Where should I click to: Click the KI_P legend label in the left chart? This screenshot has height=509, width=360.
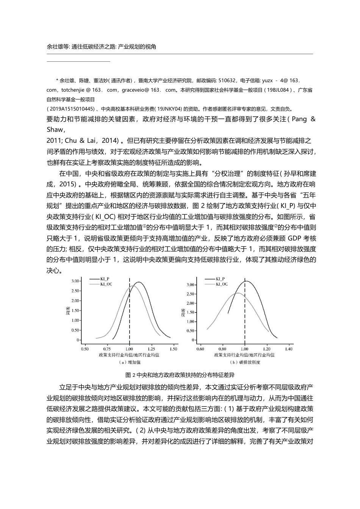click(x=105, y=278)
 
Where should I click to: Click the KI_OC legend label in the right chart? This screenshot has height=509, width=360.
click(x=222, y=283)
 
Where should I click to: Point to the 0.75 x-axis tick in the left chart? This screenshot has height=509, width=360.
click(x=107, y=348)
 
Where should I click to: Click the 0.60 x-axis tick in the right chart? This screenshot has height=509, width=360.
click(x=201, y=348)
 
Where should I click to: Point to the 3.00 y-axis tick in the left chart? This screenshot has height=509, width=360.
click(x=75, y=281)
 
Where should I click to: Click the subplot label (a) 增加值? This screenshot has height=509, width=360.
click(x=130, y=362)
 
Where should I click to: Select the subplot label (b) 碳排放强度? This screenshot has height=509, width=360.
click(x=245, y=362)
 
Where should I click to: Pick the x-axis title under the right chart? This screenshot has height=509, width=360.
click(x=244, y=355)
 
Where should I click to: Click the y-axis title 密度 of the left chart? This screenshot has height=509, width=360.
click(x=68, y=311)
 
